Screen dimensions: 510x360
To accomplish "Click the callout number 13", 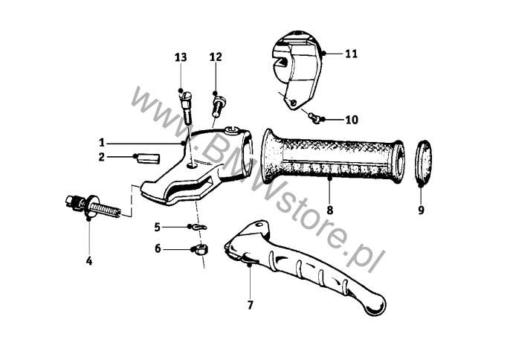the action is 181,57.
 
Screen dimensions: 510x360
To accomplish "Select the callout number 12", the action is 216,57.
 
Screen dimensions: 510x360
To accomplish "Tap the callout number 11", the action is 351,54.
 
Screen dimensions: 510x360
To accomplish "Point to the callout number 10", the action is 352,120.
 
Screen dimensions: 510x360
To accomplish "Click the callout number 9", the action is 422,210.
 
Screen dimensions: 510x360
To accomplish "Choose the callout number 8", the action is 330,210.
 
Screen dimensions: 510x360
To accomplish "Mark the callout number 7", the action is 250,305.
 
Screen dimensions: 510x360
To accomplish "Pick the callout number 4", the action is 89,261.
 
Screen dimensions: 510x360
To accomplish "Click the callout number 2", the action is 102,157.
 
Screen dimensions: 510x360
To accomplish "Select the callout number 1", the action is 102,143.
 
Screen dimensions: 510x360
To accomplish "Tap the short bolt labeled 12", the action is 217,104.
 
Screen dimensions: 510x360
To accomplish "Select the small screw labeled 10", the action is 314,118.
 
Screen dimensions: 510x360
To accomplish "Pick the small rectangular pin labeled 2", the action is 149,158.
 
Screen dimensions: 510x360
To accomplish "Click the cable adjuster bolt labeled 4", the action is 93,207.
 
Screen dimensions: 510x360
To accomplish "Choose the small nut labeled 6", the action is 201,249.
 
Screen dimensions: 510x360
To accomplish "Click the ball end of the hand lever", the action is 375,306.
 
